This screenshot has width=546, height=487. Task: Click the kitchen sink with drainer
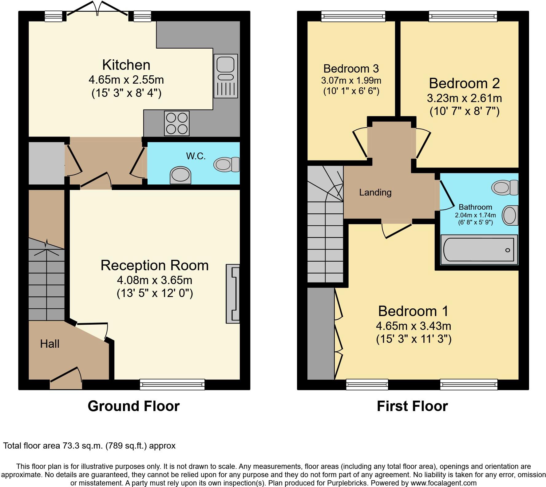pyautogui.click(x=226, y=76)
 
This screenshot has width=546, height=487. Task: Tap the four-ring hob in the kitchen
pyautogui.click(x=177, y=123)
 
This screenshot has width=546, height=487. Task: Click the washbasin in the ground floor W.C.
pyautogui.click(x=180, y=175)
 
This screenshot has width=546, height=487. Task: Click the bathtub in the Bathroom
pyautogui.click(x=479, y=250)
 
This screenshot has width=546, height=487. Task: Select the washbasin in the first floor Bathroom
pyautogui.click(x=510, y=215)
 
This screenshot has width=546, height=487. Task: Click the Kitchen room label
pyautogui.click(x=126, y=65)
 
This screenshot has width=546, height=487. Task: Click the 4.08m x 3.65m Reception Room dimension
pyautogui.click(x=155, y=280)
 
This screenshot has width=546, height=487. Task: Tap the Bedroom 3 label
pyautogui.click(x=351, y=68)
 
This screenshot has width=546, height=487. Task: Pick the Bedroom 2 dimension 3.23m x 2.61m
pyautogui.click(x=464, y=98)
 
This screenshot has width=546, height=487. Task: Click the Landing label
pyautogui.click(x=375, y=192)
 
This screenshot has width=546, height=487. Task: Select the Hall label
pyautogui.click(x=49, y=344)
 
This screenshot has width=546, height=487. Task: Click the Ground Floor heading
pyautogui.click(x=133, y=406)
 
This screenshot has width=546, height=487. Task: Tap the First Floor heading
pyautogui.click(x=412, y=406)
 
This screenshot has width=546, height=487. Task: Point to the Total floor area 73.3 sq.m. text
pyautogui.click(x=89, y=445)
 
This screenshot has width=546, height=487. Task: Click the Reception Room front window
pyautogui.click(x=172, y=384)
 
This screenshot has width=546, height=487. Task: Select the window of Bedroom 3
pyautogui.click(x=353, y=16)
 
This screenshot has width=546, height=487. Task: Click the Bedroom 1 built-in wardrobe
pyautogui.click(x=321, y=334)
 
